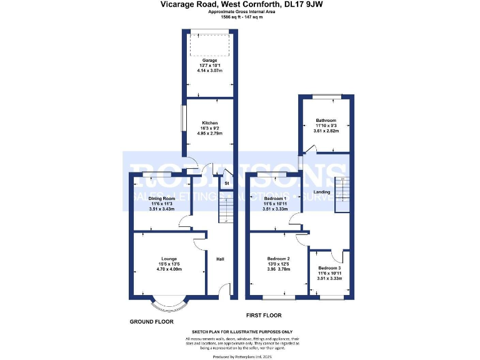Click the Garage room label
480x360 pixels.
click(209, 61)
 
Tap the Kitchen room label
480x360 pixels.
click(209, 122)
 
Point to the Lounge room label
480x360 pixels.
click(169, 259)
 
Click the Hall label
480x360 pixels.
click(220, 259)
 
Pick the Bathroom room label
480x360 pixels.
click(326, 121)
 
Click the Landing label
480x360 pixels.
click(322, 192)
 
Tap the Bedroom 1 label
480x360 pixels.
click(276, 198)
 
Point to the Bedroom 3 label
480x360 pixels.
click(329, 268)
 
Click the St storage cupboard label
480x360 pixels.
click(226, 184)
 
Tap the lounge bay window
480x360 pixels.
click(169, 304)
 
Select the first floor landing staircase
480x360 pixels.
click(341, 194)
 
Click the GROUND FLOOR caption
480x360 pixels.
click(151, 321)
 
